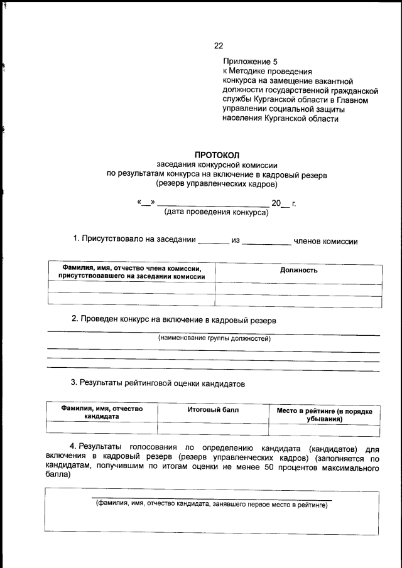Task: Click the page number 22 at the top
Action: point(219,45)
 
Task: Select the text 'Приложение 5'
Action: point(249,62)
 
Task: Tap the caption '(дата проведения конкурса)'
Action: point(216,212)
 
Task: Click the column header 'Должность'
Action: point(298,270)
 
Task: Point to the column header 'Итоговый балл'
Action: point(214,410)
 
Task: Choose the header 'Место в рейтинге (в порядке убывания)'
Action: point(324,415)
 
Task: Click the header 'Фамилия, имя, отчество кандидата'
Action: point(102,412)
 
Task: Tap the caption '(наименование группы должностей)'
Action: point(214,338)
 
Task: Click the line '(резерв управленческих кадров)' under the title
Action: point(217,184)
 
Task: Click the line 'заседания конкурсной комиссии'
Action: point(217,165)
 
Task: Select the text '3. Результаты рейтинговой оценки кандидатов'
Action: point(157,382)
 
